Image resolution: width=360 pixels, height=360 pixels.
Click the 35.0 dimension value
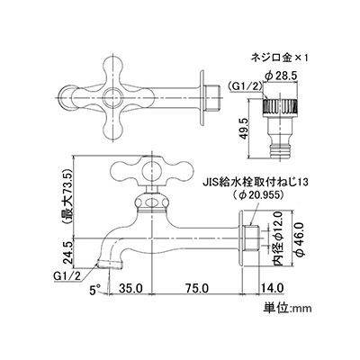click(x=130, y=289)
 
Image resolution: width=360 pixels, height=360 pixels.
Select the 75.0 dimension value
click(x=196, y=289)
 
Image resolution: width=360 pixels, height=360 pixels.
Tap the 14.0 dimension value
click(x=272, y=289)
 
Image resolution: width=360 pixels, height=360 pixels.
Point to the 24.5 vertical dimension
click(x=68, y=253)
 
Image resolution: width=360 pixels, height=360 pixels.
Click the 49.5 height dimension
click(x=244, y=128)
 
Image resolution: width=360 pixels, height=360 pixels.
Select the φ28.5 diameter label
click(x=281, y=76)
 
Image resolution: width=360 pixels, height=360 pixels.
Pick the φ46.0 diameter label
click(x=301, y=239)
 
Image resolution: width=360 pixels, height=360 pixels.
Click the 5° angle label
click(x=95, y=290)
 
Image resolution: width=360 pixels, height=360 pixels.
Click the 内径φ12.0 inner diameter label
click(x=277, y=238)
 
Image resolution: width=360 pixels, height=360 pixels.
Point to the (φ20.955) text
click(x=258, y=194)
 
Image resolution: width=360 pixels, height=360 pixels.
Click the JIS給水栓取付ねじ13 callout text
click(x=258, y=182)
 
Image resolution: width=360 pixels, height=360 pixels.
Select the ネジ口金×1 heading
click(x=280, y=58)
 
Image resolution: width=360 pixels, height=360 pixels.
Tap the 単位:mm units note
click(x=288, y=308)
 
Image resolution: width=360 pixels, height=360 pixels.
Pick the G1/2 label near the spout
click(x=67, y=275)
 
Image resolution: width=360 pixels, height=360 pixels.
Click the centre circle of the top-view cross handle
click(x=112, y=98)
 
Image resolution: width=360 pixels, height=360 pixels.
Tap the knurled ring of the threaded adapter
click(x=281, y=106)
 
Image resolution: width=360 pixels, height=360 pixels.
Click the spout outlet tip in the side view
click(x=110, y=265)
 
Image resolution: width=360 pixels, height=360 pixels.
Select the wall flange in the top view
click(x=202, y=98)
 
